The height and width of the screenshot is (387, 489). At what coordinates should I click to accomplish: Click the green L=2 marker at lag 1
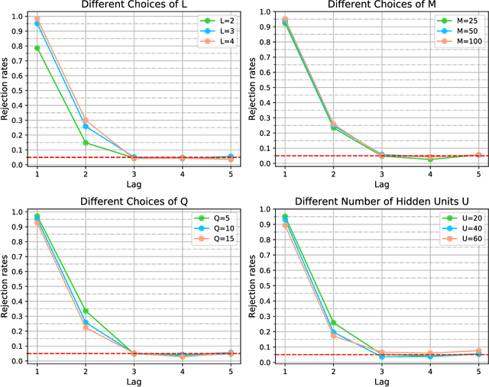click(x=36, y=48)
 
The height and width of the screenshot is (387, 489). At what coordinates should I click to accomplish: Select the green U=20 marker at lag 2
click(x=332, y=323)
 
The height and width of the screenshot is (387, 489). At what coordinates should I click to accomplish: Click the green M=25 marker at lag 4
click(x=429, y=160)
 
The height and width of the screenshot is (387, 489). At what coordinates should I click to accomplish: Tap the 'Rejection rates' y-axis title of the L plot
click(x=6, y=89)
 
